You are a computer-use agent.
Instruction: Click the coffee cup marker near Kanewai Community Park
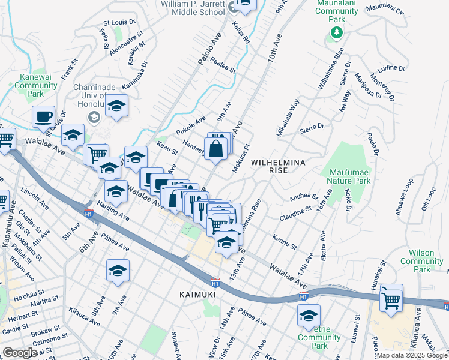(43, 117)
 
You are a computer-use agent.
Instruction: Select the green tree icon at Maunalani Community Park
(337, 32)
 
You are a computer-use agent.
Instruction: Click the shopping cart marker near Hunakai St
(391, 299)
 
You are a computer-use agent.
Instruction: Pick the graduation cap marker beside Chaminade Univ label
(116, 106)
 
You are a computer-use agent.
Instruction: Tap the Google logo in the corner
(19, 353)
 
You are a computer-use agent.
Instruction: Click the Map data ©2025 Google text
(412, 355)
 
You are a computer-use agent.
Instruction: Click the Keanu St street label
(284, 242)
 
